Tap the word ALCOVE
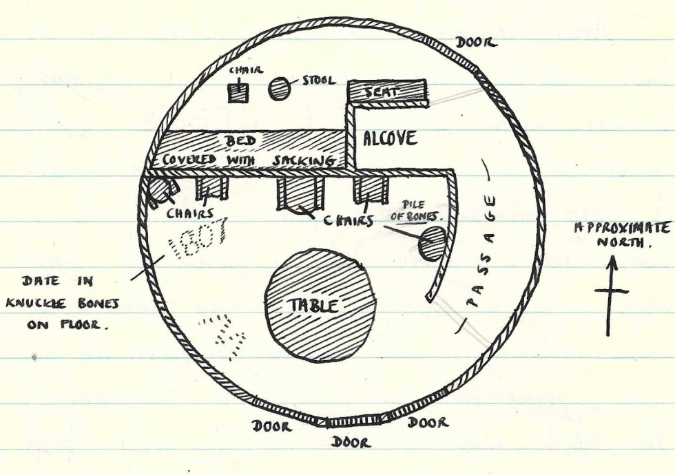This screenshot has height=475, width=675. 390,139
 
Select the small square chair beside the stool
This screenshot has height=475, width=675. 238,92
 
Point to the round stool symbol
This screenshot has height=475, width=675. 279,88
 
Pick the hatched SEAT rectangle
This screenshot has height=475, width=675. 386,91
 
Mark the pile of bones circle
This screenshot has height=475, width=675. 432,244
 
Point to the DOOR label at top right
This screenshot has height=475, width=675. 476,43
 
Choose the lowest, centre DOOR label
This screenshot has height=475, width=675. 351,442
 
